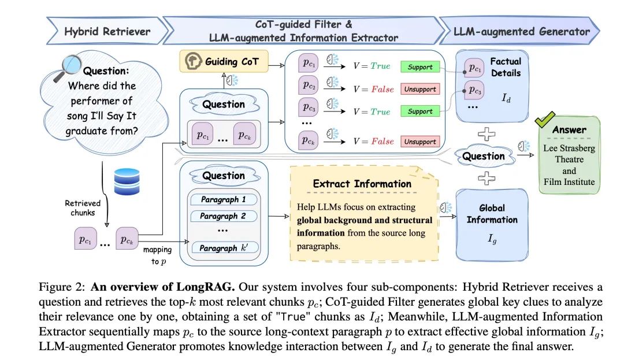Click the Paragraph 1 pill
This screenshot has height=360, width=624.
223,200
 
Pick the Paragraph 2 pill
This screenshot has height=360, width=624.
223,216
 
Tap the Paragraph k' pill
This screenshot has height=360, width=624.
223,248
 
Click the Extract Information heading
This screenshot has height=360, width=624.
362,184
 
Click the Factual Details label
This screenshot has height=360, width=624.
505,68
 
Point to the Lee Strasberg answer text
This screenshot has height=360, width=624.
569,148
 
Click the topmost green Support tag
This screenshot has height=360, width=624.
420,67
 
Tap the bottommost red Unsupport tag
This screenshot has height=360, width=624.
420,142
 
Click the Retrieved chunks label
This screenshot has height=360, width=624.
82,207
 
